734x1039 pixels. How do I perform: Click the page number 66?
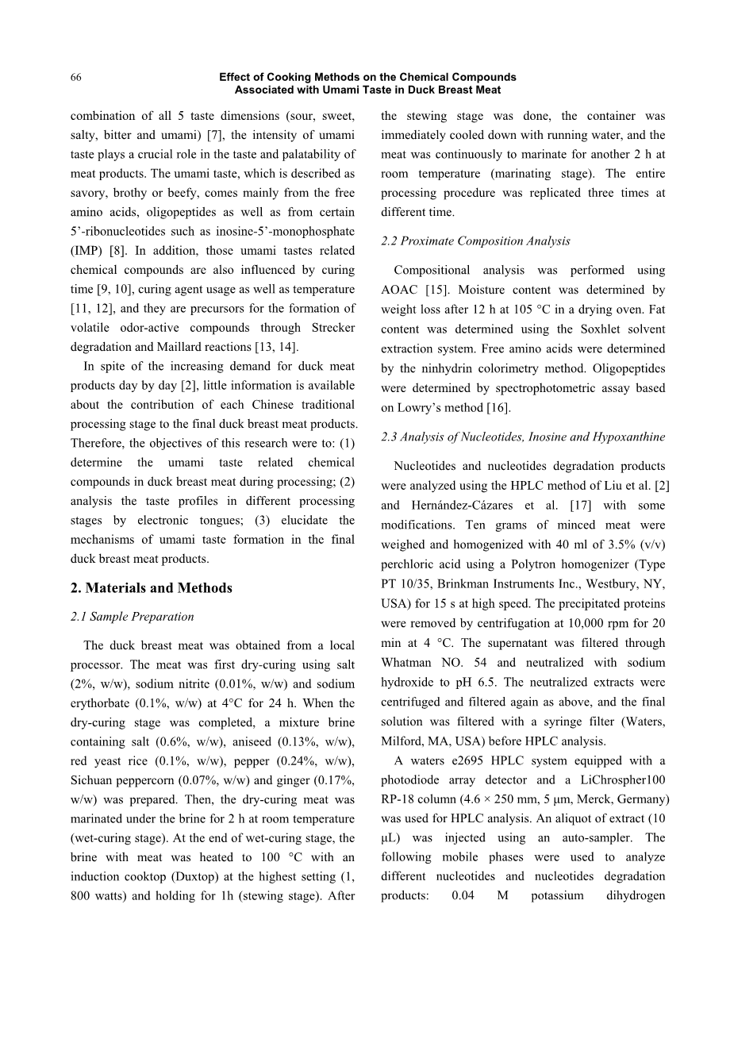(76, 77)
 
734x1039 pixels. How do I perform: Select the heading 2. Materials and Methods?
(151, 588)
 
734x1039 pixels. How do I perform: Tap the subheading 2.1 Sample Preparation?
(132, 617)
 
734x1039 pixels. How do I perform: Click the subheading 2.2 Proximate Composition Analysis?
(475, 241)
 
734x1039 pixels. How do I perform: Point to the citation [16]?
(498, 408)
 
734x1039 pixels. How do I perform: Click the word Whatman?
(405, 663)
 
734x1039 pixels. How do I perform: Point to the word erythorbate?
(102, 703)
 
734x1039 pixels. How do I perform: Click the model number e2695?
(461, 760)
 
